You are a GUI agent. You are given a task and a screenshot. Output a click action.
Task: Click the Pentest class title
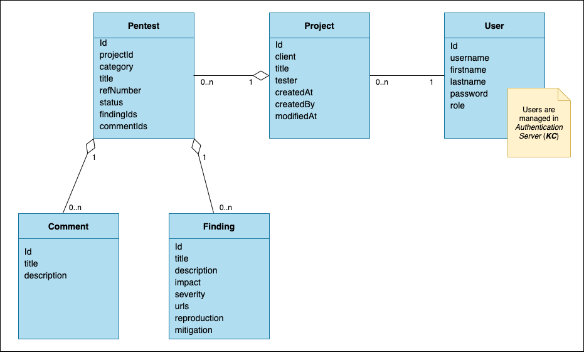click(144, 26)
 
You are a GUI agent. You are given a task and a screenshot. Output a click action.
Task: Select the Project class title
click(319, 26)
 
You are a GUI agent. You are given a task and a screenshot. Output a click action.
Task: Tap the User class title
click(494, 26)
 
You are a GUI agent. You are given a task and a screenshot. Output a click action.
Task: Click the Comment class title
click(68, 226)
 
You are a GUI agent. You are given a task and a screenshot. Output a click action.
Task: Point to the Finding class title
click(219, 226)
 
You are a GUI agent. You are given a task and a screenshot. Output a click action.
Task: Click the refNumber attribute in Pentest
click(120, 90)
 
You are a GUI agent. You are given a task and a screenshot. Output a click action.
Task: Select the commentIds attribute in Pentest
click(123, 126)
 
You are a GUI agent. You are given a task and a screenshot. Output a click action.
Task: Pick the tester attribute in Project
click(286, 80)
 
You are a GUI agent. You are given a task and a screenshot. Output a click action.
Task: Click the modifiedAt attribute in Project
click(296, 116)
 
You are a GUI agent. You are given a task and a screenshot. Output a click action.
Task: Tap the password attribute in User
click(469, 93)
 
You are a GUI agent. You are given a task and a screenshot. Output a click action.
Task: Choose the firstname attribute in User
click(468, 70)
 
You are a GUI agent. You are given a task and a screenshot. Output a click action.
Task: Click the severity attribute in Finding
click(189, 294)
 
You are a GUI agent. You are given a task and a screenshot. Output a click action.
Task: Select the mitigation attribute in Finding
click(193, 330)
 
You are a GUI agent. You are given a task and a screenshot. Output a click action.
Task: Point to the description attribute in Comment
click(45, 275)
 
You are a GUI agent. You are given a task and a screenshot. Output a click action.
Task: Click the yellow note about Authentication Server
click(539, 123)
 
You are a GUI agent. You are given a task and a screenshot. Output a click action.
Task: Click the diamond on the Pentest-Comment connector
click(90, 145)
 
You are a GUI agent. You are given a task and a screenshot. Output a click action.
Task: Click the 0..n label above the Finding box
click(225, 208)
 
